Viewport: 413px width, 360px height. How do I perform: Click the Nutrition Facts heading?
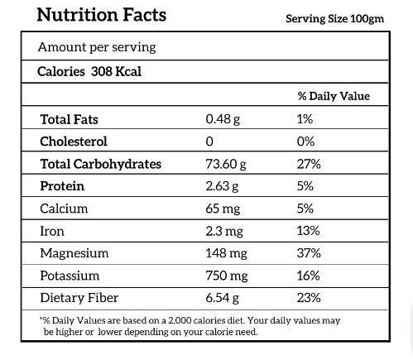[102, 14]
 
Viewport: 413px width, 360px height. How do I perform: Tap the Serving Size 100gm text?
[334, 19]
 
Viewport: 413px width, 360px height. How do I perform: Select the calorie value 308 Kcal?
[116, 72]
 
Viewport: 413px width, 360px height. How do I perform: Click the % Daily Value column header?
[334, 96]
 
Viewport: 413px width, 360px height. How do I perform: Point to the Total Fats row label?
[69, 119]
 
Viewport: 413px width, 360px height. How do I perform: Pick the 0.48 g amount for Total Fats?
[223, 119]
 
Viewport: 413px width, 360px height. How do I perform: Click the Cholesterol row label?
[74, 142]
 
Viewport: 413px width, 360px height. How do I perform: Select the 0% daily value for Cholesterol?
[305, 142]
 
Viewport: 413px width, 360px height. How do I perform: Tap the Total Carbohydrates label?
[101, 164]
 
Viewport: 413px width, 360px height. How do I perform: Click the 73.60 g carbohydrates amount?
[226, 164]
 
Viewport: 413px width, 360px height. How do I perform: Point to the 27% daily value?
[309, 164]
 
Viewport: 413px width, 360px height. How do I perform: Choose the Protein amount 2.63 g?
[222, 186]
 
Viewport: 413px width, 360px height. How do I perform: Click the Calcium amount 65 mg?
[223, 209]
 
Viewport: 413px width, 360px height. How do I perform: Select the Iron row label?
[52, 231]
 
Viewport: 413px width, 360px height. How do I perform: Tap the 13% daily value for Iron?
[309, 231]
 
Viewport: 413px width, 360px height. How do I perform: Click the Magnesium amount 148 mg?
[226, 253]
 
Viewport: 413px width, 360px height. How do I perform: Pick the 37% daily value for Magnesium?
[309, 253]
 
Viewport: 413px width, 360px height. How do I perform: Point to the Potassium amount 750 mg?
[227, 276]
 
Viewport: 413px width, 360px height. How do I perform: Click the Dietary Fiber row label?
[79, 298]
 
